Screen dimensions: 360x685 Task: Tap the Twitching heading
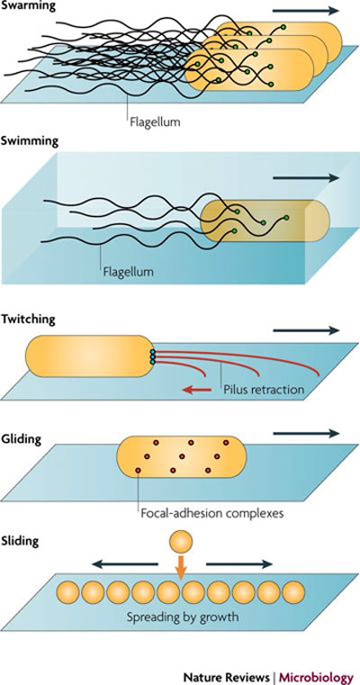pos(28,320)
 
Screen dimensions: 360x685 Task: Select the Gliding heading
pos(21,439)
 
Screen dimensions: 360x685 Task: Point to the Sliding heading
pos(20,542)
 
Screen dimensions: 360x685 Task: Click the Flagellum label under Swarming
pos(155,120)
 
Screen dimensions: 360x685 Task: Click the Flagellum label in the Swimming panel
pos(129,272)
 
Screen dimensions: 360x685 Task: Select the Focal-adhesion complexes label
pos(212,511)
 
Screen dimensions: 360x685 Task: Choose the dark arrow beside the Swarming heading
pos(305,10)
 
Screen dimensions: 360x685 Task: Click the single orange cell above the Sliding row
pos(181,542)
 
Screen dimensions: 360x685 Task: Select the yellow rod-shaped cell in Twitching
pos(89,356)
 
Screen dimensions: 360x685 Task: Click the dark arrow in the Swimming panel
pos(305,177)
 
